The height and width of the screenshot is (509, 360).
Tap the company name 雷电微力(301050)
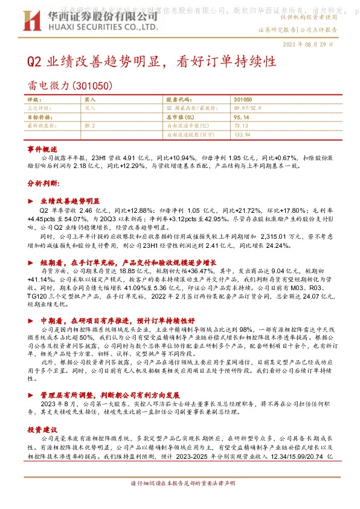(x=69, y=87)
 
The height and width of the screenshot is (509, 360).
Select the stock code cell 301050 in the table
(x=242, y=99)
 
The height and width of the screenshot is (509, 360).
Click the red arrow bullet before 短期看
(x=31, y=263)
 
